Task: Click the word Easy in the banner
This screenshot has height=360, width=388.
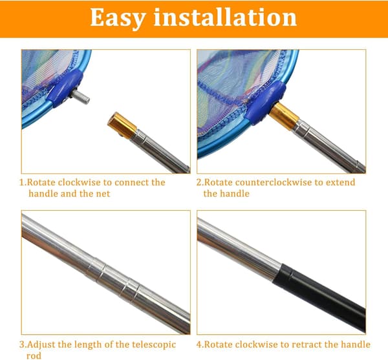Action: tap(118, 17)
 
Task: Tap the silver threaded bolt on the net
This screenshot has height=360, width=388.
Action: tap(80, 97)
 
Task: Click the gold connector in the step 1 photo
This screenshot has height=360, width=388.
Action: tap(122, 125)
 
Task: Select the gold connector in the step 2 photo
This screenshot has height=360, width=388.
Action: tap(284, 116)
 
